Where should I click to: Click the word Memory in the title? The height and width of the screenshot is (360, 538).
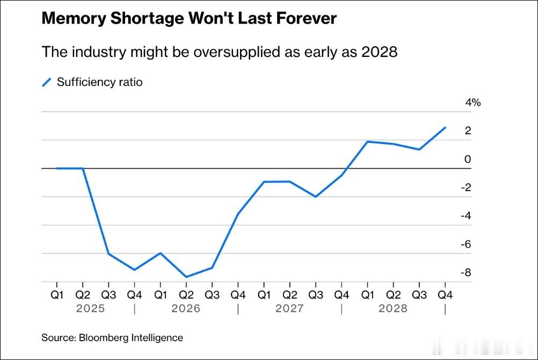[74, 19]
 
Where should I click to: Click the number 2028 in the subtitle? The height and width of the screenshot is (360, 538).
[379, 52]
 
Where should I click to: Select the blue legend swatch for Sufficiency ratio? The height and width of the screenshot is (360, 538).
[46, 82]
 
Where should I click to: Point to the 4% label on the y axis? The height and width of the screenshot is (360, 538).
[473, 103]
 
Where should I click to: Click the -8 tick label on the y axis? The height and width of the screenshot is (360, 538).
[466, 272]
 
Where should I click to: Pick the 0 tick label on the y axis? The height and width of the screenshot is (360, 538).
[468, 159]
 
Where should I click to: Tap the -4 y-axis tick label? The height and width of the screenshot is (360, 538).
[466, 215]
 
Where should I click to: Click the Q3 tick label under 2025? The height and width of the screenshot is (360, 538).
[108, 295]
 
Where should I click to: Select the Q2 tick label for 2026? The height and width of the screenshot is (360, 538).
[186, 295]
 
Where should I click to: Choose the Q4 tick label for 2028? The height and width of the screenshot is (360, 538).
[445, 295]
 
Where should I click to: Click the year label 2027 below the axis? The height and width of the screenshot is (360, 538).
[289, 308]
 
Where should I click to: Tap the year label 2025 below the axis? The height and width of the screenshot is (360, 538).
[90, 308]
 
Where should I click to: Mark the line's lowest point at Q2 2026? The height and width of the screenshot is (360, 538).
[186, 277]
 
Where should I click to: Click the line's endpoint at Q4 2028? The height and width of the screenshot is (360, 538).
[445, 127]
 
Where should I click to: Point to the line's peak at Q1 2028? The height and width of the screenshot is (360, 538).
[367, 141]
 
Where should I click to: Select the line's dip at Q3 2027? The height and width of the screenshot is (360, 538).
[316, 197]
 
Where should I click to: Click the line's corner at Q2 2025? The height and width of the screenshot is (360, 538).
[83, 168]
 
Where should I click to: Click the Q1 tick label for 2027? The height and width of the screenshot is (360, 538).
[264, 295]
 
